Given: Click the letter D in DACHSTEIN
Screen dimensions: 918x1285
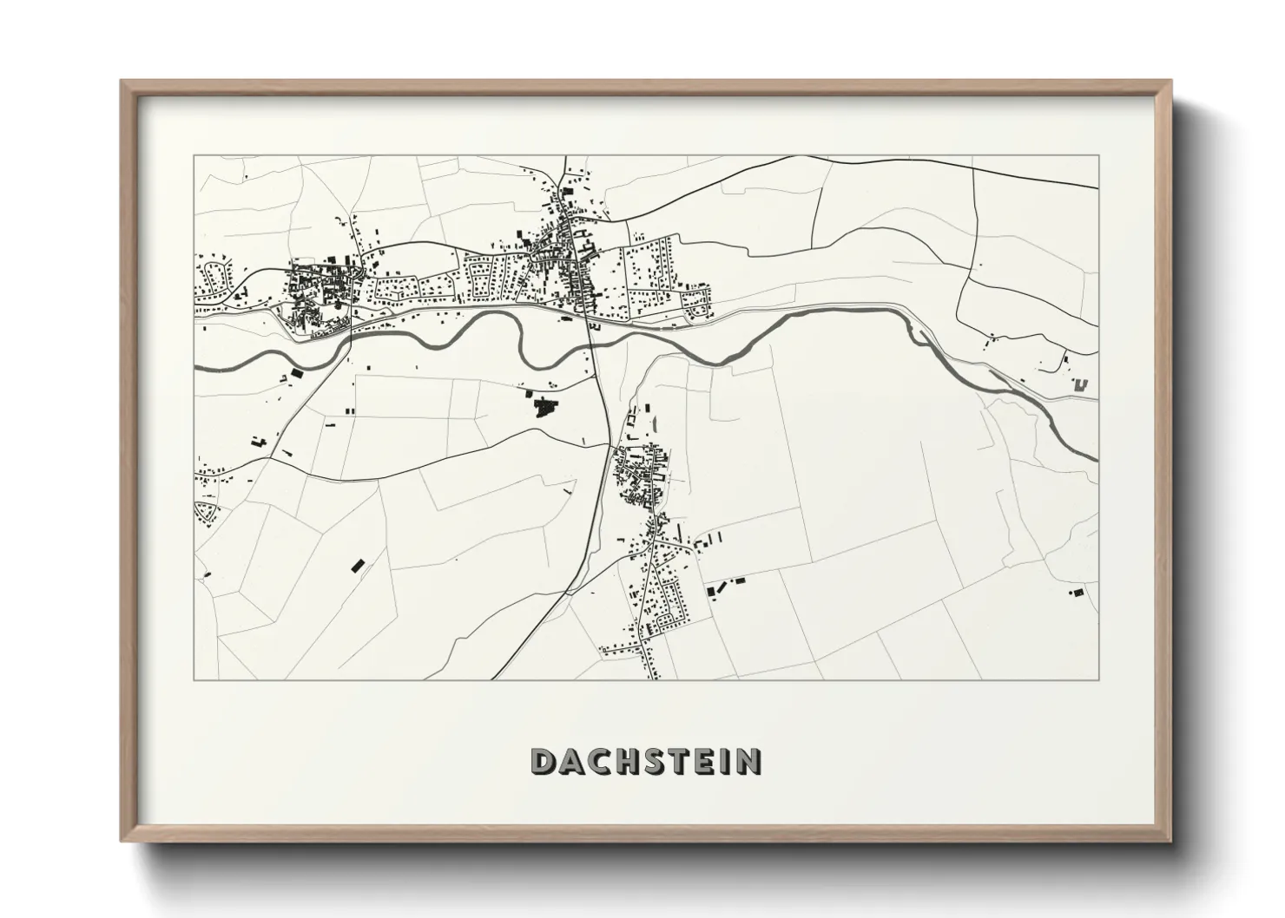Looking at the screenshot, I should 544,761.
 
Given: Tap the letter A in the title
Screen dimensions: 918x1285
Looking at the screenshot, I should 572,761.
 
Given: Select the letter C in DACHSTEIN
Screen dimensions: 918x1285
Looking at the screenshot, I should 601,761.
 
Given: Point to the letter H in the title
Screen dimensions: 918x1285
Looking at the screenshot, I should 629,761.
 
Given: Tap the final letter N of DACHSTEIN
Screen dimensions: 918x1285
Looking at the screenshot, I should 748,761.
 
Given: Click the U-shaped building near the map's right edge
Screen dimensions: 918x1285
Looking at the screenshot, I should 1080,385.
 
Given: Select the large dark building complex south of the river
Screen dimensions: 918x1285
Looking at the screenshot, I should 544,405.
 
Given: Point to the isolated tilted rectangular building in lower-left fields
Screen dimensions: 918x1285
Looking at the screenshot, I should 356,565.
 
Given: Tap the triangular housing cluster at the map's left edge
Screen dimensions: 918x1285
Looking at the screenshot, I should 206,510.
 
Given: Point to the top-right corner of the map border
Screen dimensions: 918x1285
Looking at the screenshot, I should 1099,156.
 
